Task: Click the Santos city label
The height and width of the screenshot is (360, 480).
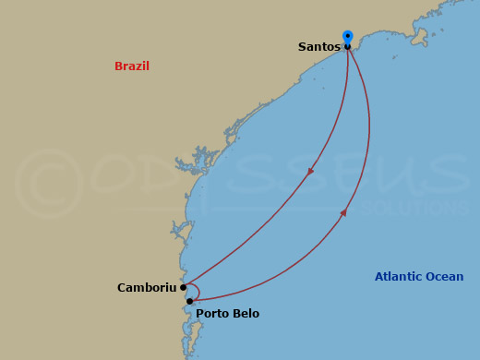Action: coord(319,47)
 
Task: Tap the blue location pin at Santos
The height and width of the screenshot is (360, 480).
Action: coord(348,37)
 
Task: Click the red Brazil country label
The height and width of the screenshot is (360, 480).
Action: coord(132,66)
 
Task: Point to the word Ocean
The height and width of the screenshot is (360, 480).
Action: coord(444,277)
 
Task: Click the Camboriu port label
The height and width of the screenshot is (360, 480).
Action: coord(147,288)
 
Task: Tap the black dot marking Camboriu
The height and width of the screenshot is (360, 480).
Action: coord(184,287)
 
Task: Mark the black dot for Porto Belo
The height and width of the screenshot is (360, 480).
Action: coord(189,301)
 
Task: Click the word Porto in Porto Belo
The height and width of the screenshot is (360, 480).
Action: coord(212,314)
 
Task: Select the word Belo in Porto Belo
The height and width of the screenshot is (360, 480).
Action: coord(246,314)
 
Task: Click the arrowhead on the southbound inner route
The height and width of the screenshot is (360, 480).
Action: coord(311,170)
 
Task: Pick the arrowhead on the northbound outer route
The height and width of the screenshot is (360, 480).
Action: coord(343,213)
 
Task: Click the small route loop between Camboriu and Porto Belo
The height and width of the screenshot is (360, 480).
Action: coord(194,291)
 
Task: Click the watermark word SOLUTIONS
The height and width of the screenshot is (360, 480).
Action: coord(415,209)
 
